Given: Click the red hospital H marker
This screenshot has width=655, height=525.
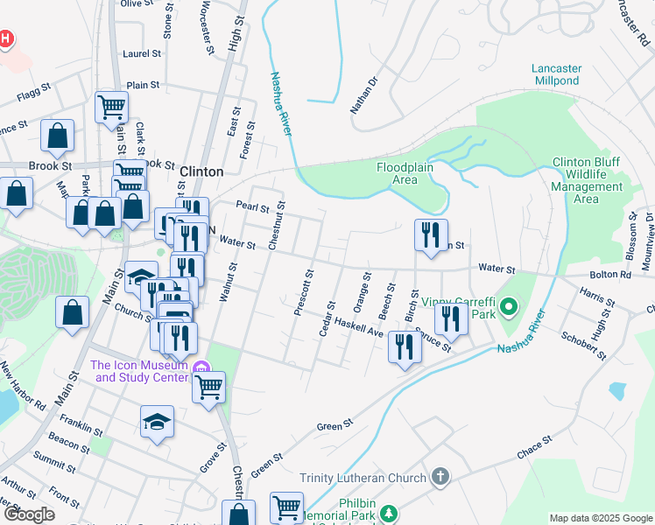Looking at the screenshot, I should point(5,38).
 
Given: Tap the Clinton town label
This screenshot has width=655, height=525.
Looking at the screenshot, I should point(201,172).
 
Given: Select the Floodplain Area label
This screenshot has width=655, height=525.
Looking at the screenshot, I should point(410,173).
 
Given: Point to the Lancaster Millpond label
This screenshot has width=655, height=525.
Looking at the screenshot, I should point(567,74).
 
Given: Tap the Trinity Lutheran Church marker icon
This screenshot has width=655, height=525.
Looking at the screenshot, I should point(440,477).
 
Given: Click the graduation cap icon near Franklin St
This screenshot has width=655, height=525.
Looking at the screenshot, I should point(157,422).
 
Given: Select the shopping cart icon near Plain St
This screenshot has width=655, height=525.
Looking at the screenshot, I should point(111,107).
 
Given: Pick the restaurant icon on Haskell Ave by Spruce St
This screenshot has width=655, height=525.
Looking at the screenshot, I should point(405,346).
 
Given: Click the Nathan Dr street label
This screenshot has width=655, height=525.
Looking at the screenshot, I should point(363,95).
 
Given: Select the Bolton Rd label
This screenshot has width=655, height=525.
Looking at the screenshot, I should point(613,274).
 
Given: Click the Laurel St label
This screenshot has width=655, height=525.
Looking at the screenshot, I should point(143,53).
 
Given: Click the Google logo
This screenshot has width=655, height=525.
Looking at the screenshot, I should point(31,514).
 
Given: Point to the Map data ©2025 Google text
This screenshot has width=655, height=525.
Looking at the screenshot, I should point(600,518).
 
